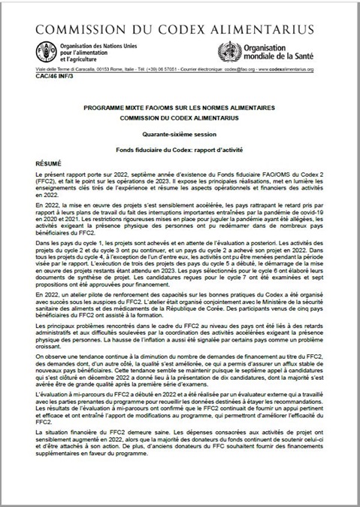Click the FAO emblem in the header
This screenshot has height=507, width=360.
tap(47, 53)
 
